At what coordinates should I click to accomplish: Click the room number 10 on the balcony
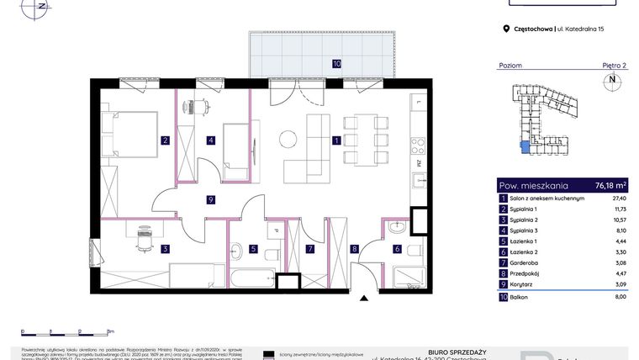pyautogui.click(x=335, y=63)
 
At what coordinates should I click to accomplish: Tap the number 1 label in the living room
pyautogui.click(x=335, y=140)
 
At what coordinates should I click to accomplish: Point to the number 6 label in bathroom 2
pyautogui.click(x=397, y=248)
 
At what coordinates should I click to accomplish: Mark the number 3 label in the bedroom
pyautogui.click(x=166, y=248)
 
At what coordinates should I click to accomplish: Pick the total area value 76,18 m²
pyautogui.click(x=610, y=185)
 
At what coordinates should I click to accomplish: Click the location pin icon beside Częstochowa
pyautogui.click(x=506, y=29)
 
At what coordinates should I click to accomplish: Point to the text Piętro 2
pyautogui.click(x=614, y=65)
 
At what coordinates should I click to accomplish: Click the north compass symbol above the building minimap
pyautogui.click(x=611, y=81)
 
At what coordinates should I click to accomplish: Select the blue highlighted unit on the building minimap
pyautogui.click(x=525, y=148)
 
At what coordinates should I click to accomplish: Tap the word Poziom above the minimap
pyautogui.click(x=510, y=65)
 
